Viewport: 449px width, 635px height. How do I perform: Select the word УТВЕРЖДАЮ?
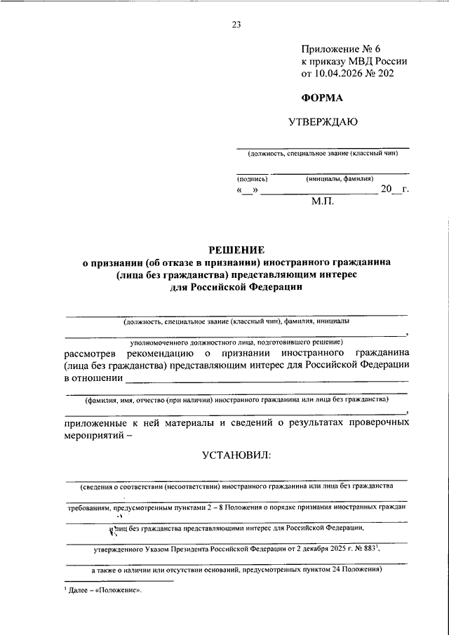(323, 122)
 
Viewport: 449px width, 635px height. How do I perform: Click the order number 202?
(394, 74)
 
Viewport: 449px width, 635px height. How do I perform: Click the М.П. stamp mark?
(323, 201)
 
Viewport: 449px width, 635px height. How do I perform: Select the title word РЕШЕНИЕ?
(236, 250)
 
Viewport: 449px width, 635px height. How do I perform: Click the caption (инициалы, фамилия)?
(340, 179)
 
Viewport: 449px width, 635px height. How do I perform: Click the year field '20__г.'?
(394, 190)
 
